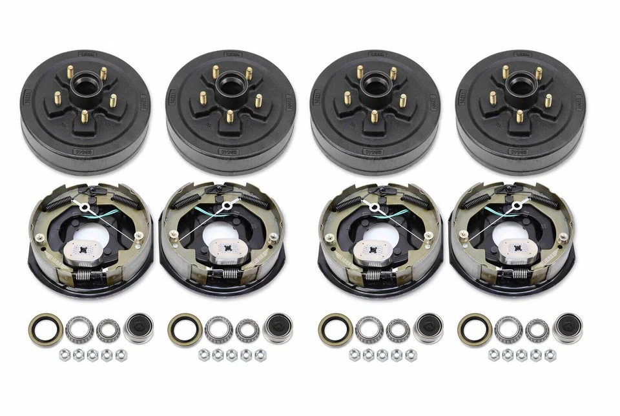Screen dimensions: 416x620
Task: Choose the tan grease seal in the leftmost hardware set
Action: coord(44,329)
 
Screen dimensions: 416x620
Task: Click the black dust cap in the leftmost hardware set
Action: coord(137,328)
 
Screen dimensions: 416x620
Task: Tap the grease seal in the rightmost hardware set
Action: coord(475,329)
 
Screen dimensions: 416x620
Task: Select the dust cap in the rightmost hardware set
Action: coord(568,328)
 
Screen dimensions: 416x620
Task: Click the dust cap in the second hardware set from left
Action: coord(278,328)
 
